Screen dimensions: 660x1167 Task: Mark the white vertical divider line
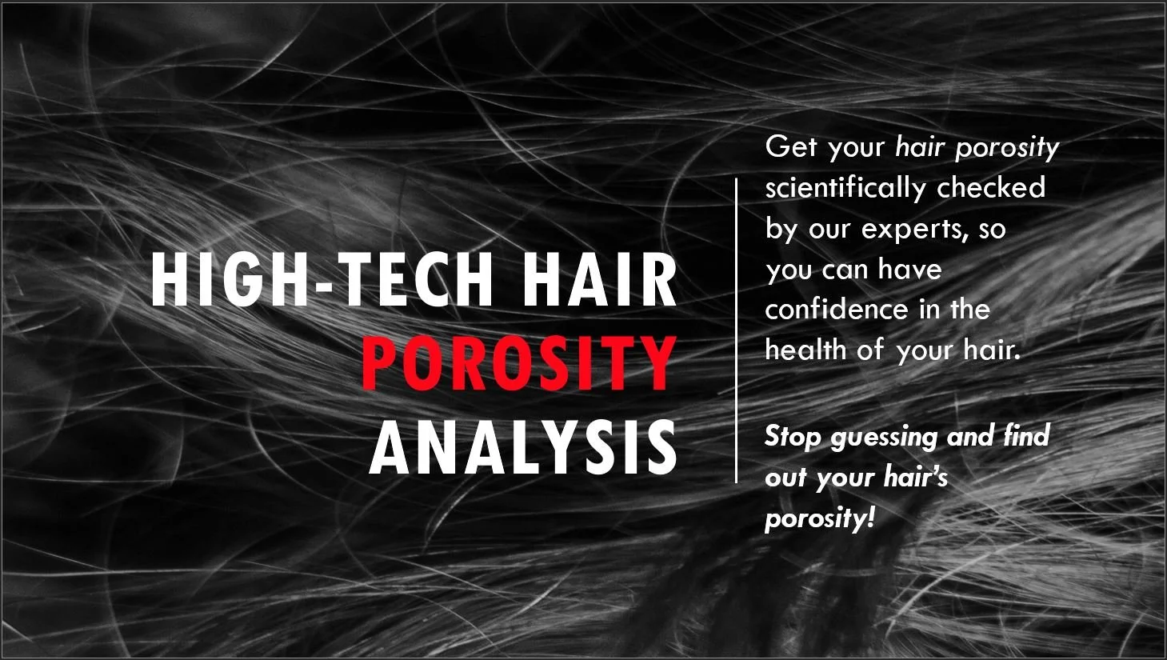point(736,330)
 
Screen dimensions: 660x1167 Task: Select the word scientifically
point(845,188)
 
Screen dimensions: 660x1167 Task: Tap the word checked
point(991,188)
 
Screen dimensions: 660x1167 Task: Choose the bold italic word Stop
point(793,437)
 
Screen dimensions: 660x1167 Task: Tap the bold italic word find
point(1026,436)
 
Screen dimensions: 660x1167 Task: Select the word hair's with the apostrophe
point(915,478)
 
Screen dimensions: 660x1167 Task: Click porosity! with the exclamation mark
point(817,520)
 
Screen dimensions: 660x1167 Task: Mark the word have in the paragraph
point(909,269)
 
